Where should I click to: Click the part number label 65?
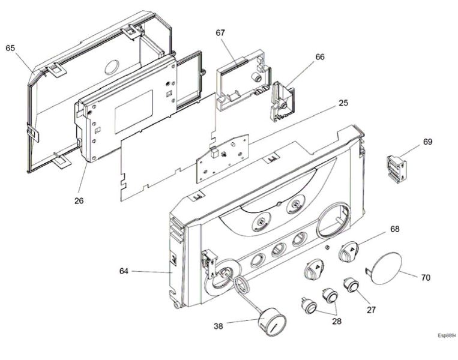[10, 47]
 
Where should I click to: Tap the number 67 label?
[220, 32]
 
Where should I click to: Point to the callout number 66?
[320, 56]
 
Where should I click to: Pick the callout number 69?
[427, 142]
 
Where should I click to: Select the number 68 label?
[394, 229]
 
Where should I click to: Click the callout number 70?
[426, 278]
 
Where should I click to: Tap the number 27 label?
[372, 310]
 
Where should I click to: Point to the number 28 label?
[336, 322]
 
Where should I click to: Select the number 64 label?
[124, 271]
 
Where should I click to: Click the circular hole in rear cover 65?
[114, 65]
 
